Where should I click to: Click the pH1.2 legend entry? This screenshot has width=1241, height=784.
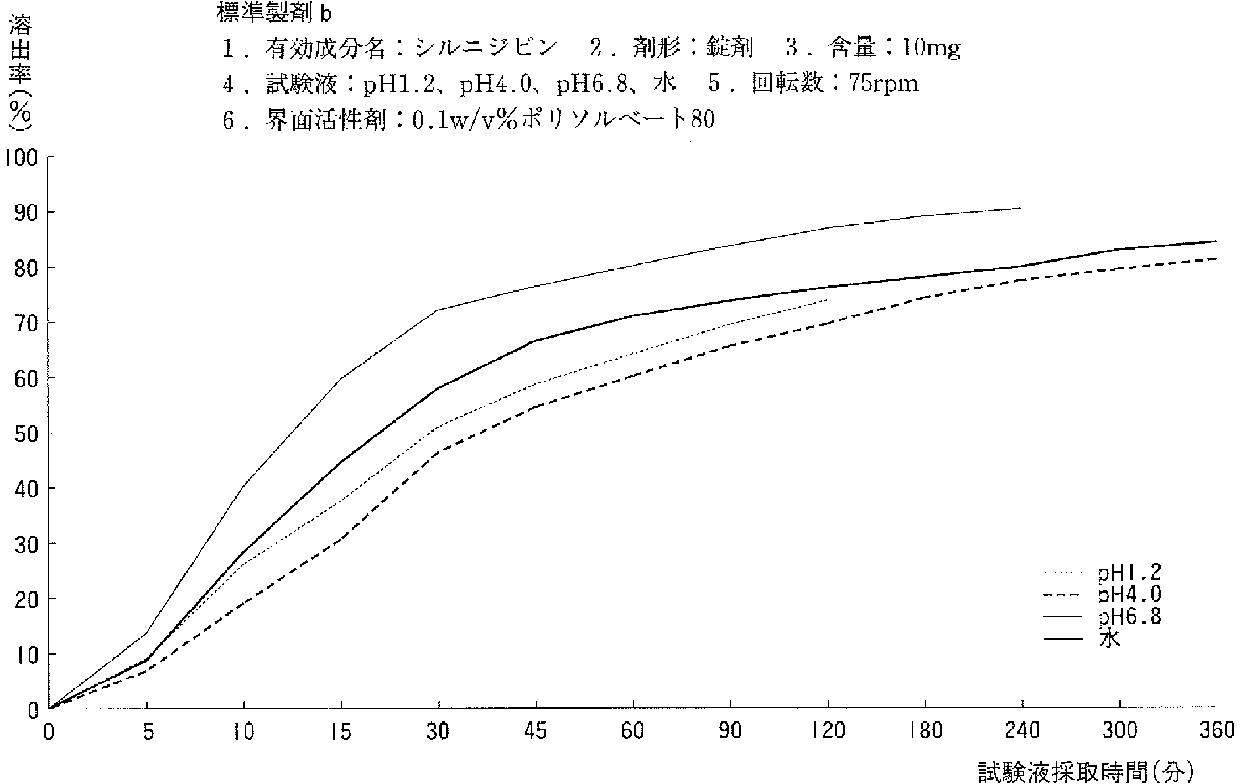pyautogui.click(x=1129, y=573)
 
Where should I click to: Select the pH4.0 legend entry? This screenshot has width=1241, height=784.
pyautogui.click(x=1129, y=595)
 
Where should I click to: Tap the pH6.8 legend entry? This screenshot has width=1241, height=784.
pyautogui.click(x=1129, y=616)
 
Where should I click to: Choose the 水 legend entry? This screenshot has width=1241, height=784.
pyautogui.click(x=1109, y=639)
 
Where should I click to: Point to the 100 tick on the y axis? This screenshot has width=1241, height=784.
pyautogui.click(x=21, y=158)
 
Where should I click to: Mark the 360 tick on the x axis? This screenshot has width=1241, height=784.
pyautogui.click(x=1217, y=731)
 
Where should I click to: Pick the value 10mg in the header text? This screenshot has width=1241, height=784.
pyautogui.click(x=931, y=49)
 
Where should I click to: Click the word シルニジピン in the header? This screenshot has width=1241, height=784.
pyautogui.click(x=485, y=49)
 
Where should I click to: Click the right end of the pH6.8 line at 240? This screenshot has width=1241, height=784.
pyautogui.click(x=1021, y=209)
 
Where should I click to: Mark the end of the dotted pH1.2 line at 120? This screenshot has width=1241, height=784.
pyautogui.click(x=827, y=300)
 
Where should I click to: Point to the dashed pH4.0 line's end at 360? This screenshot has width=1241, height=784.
pyautogui.click(x=1216, y=259)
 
